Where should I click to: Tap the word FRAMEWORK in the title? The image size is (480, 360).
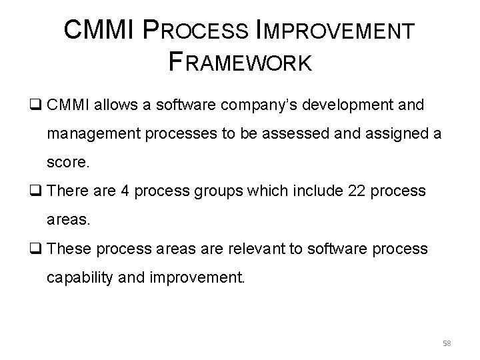240,63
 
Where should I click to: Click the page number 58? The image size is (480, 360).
445,342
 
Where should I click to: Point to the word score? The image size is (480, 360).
66,162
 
